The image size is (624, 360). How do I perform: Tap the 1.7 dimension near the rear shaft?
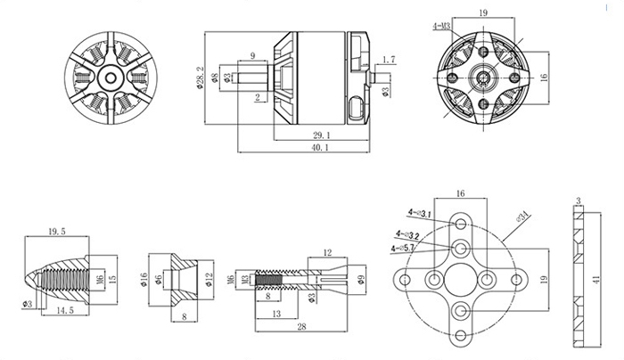(388, 61)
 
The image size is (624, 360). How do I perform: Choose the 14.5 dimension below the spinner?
(62, 309)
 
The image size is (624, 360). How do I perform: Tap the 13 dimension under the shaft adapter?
(279, 315)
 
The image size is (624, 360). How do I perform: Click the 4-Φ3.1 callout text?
(420, 213)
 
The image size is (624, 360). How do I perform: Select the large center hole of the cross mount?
(461, 281)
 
